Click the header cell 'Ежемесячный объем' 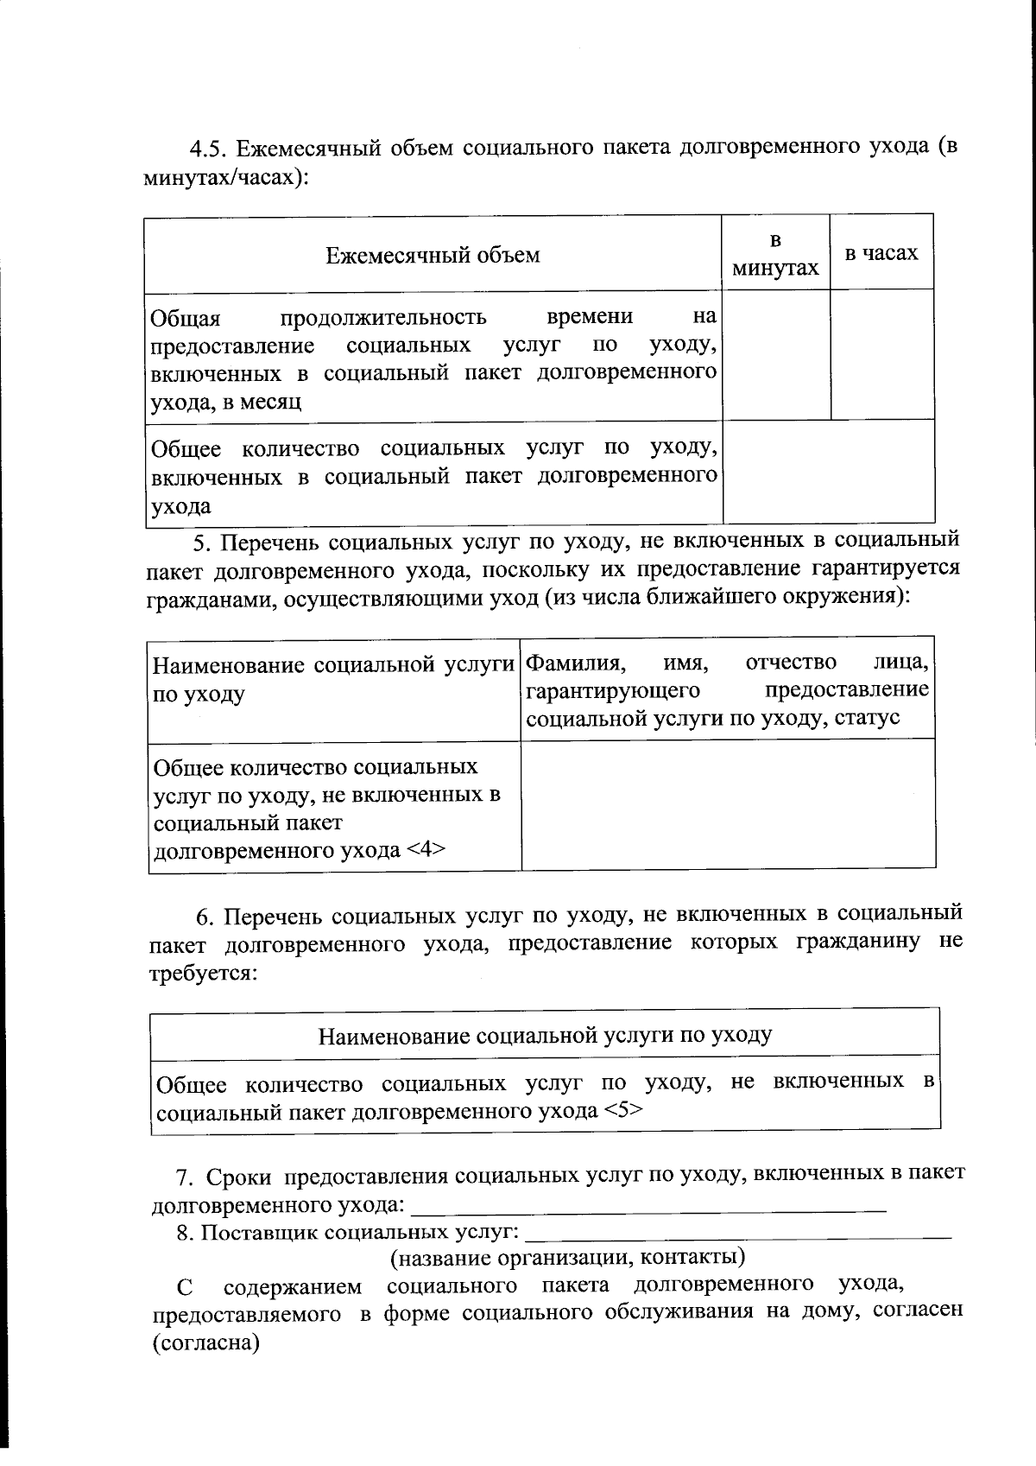433,255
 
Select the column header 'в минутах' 775,254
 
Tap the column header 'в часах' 881,253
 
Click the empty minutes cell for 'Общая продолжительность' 776,354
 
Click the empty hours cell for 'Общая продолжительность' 882,354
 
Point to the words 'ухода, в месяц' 226,402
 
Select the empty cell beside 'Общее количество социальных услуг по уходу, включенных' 828,472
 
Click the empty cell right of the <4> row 728,803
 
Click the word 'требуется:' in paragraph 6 204,974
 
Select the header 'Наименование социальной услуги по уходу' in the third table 545,1035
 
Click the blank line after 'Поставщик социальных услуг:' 738,1231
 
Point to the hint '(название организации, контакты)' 568,1257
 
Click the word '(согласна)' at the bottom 206,1344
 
